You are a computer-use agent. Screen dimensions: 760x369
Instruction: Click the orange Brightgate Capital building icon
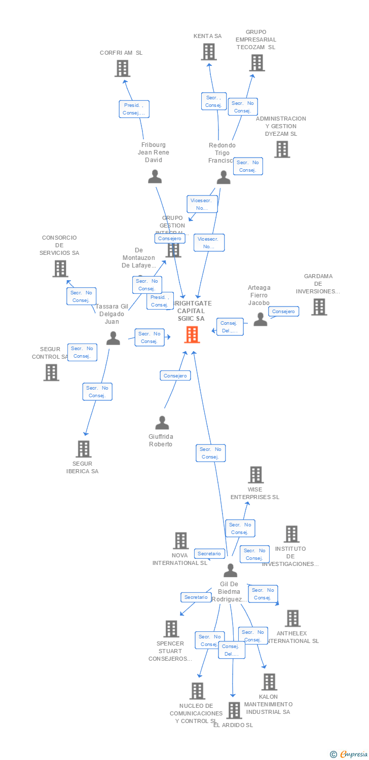(192, 334)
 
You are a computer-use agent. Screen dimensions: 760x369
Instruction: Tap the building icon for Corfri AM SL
(122, 68)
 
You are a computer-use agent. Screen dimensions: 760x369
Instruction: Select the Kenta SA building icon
(208, 52)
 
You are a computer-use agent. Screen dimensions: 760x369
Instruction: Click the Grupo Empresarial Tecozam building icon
(257, 63)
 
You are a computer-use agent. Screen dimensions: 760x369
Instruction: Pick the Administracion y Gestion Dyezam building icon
(282, 149)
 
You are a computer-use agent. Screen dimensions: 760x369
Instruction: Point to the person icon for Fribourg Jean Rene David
(155, 176)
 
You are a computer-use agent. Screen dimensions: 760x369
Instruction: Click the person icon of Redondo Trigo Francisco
(224, 177)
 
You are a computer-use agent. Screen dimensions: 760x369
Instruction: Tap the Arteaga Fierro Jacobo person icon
(260, 319)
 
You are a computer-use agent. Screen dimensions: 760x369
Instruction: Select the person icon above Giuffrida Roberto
(162, 423)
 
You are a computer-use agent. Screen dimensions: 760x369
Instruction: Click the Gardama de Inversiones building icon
(319, 307)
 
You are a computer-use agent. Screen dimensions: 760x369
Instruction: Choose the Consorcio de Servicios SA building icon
(60, 269)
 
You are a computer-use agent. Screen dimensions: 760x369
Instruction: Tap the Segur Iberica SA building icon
(83, 449)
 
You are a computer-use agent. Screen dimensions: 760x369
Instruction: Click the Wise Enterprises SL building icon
(255, 475)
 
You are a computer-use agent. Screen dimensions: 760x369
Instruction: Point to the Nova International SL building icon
(181, 541)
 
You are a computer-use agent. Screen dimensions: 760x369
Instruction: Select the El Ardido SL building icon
(234, 710)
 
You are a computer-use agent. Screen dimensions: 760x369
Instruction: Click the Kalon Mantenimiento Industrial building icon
(269, 682)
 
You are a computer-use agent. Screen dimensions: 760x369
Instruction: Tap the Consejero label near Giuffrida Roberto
(176, 375)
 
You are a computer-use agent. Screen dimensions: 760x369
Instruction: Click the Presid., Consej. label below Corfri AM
(134, 109)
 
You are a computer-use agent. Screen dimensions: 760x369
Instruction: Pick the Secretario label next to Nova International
(209, 554)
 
